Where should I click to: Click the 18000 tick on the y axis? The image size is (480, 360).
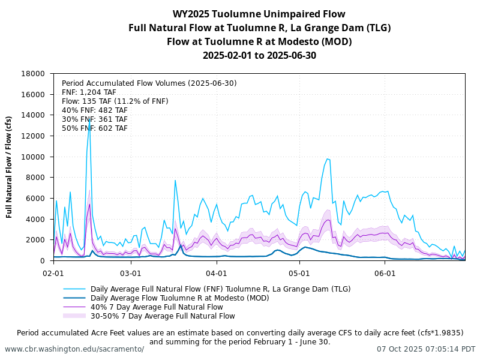tap(34, 74)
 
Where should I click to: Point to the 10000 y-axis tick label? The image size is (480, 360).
tap(34, 157)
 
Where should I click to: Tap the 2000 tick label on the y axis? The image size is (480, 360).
tap(36, 240)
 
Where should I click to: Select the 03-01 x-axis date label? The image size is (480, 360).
tap(131, 272)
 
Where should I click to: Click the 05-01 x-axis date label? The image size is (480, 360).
tap(299, 272)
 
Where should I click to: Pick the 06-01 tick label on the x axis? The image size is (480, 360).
tap(385, 272)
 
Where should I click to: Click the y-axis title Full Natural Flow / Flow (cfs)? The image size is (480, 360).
tap(10, 167)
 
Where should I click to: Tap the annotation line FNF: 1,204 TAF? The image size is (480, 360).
tap(89, 92)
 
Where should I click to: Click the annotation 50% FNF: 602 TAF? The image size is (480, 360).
tap(94, 128)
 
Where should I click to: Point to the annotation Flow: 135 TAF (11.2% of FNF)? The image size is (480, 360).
tap(115, 101)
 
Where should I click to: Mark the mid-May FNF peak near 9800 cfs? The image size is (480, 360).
tap(328, 159)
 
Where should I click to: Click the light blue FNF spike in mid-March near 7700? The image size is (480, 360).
tap(175, 180)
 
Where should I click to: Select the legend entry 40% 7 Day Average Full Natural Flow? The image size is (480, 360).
tap(157, 307)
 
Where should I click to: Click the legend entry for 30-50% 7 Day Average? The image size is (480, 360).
tap(163, 316)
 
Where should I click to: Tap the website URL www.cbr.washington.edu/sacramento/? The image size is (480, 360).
tap(74, 349)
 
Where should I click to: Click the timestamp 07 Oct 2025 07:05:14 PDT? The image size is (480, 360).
tap(425, 349)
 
